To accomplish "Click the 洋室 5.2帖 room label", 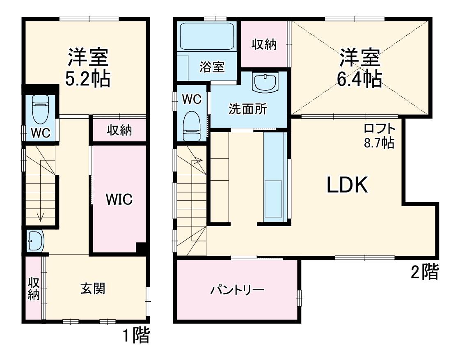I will (88, 68).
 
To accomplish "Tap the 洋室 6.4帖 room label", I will (359, 68).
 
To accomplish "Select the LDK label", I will (346, 186).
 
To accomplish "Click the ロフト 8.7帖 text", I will (379, 136).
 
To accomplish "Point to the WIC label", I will (119, 200).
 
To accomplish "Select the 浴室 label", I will (212, 67).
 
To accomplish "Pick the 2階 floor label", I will (425, 272).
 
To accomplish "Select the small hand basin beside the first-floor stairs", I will (34, 241).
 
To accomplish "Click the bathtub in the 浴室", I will (207, 36).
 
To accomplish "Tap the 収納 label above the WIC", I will (119, 131).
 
